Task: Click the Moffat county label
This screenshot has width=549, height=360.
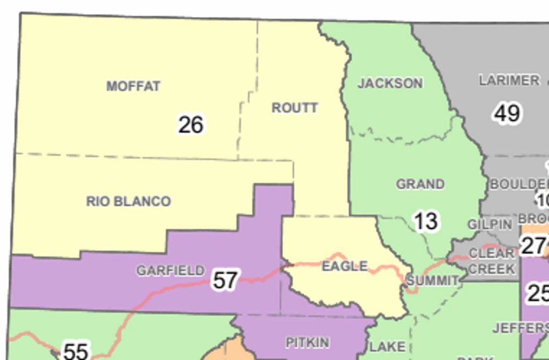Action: [133, 86]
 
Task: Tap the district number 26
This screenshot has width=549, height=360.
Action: [191, 125]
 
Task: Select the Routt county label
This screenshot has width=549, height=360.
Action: [295, 108]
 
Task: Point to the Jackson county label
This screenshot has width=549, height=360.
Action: [390, 84]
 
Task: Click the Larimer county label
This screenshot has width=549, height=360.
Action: [509, 80]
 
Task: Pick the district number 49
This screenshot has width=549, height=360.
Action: [507, 114]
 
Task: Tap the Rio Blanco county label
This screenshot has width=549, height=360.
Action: [129, 201]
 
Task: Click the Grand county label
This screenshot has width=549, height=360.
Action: [420, 184]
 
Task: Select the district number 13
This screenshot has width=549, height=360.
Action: [426, 221]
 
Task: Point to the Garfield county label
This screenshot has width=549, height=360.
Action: [170, 271]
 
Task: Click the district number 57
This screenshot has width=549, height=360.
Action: [225, 280]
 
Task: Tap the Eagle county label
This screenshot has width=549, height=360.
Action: [345, 266]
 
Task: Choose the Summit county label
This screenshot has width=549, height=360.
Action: [432, 281]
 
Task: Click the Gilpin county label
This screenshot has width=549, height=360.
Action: [489, 224]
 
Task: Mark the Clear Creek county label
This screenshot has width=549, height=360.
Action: [492, 260]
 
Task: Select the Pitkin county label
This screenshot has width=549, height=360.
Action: [307, 342]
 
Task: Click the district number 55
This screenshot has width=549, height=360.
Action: [76, 351]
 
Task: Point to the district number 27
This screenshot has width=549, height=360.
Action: [533, 246]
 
